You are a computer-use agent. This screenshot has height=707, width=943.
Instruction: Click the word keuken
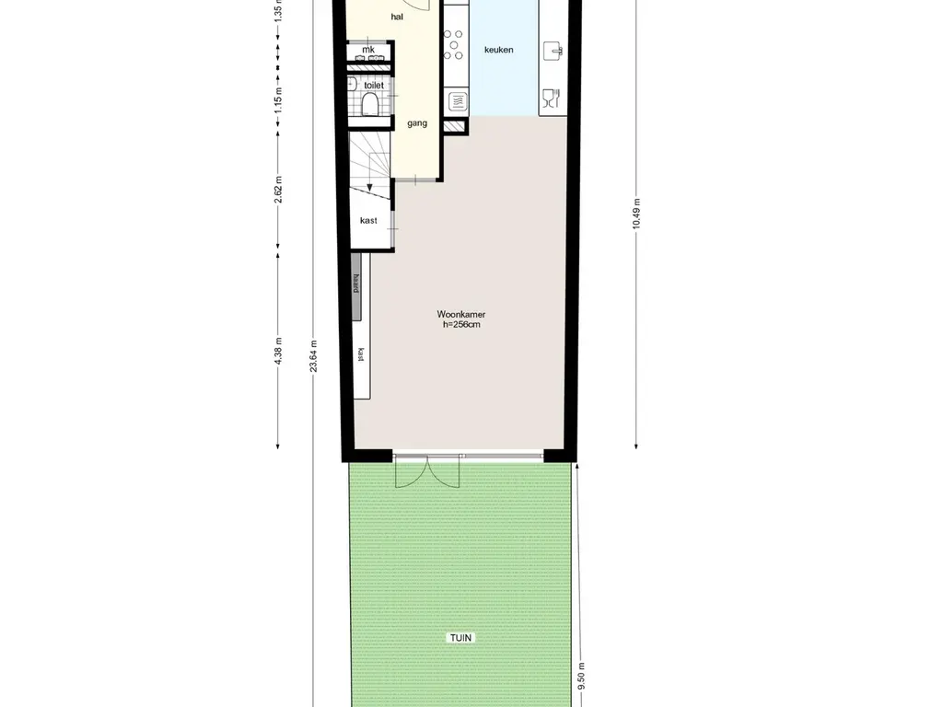(498, 50)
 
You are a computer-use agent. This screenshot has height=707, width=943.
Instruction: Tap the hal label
(397, 17)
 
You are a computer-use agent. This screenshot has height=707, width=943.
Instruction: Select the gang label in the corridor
(417, 123)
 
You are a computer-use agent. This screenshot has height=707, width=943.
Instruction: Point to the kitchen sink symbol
(553, 52)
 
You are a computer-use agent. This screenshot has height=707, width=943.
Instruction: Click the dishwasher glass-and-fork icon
(552, 98)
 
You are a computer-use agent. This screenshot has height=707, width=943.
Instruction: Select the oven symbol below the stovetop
(457, 101)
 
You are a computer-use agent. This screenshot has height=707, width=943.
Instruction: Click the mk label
(368, 50)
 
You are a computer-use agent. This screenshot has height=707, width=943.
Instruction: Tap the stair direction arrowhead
(369, 187)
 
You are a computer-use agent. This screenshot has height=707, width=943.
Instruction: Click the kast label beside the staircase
(368, 221)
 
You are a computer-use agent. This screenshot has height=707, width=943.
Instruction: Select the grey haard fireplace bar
(356, 287)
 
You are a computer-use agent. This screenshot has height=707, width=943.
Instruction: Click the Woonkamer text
(461, 315)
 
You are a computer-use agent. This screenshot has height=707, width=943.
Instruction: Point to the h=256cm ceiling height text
(461, 325)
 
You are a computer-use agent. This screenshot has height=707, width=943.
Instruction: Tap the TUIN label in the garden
(460, 638)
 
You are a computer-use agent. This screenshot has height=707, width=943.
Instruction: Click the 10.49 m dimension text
(637, 213)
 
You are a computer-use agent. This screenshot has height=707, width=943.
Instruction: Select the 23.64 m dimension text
(313, 356)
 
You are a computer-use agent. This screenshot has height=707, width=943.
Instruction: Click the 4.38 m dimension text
(278, 351)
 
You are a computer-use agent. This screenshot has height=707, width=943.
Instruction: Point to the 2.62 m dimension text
(278, 190)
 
